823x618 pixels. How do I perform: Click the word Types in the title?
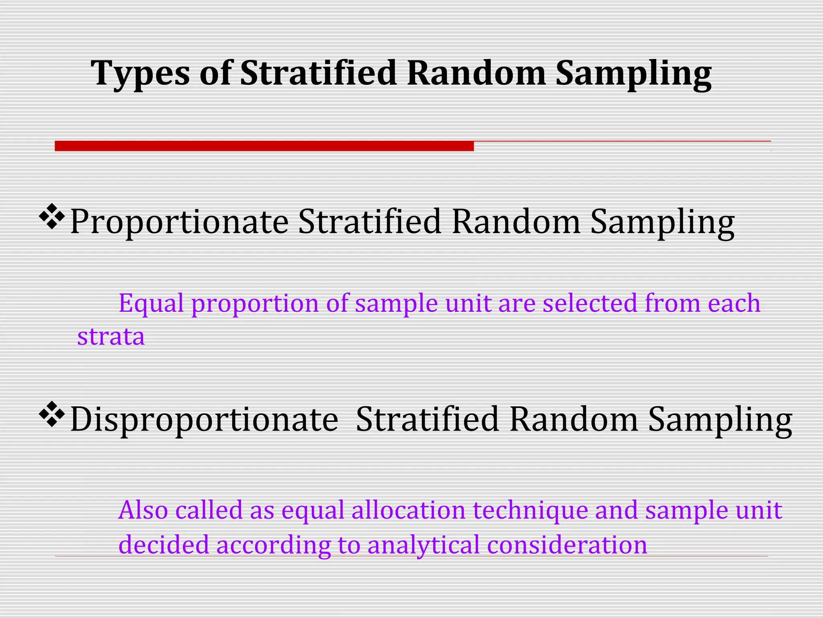tap(140, 74)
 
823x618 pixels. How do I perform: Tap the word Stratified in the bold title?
tap(318, 73)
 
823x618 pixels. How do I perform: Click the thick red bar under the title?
tap(264, 146)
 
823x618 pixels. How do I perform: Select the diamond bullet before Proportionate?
tap(52, 217)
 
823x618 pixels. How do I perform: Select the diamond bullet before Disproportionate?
tap(52, 414)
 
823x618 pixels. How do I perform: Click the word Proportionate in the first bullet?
tap(179, 222)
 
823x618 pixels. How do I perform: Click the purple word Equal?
tap(151, 303)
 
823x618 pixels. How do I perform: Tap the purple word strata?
tap(111, 337)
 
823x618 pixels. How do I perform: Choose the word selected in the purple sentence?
tap(590, 303)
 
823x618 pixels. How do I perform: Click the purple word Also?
tap(143, 510)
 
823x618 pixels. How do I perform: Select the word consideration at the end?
tap(567, 545)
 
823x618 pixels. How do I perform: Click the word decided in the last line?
tap(164, 545)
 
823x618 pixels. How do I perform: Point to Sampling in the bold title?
tap(633, 74)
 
